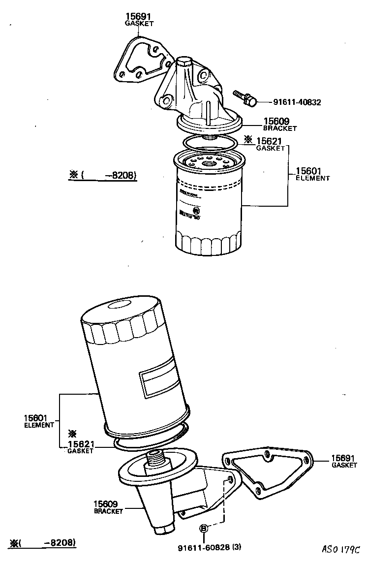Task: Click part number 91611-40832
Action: tap(297, 102)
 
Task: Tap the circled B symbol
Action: tap(203, 528)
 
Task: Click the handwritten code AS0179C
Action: tap(341, 549)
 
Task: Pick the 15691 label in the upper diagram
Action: tap(139, 16)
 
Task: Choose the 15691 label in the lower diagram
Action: tap(343, 457)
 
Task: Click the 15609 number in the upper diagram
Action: tap(276, 121)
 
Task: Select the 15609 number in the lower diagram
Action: tap(105, 504)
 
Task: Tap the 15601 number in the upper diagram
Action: tap(309, 171)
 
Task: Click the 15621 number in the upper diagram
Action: tap(270, 141)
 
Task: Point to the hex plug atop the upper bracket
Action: tap(184, 62)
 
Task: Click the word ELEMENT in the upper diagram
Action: tap(312, 179)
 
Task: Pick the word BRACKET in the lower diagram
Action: tap(108, 511)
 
